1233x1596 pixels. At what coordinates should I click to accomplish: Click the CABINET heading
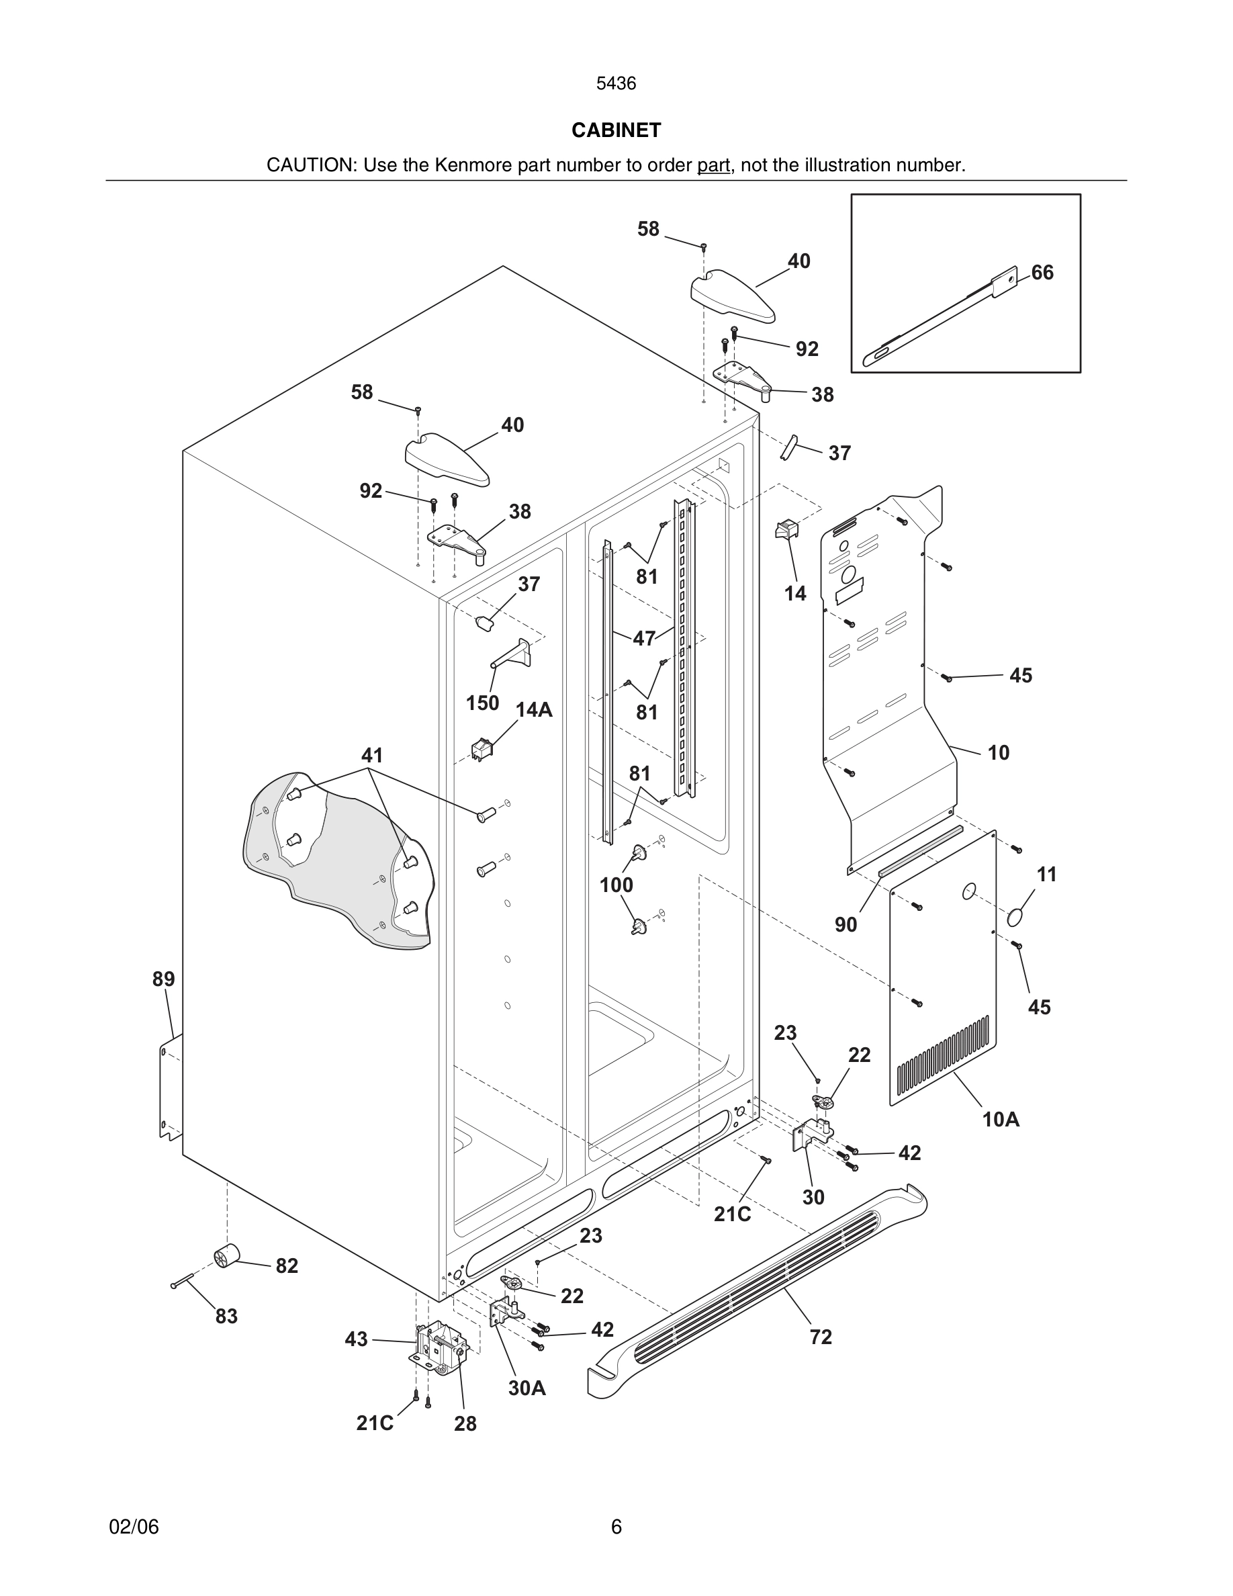pyautogui.click(x=616, y=130)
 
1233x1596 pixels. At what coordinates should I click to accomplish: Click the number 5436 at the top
pyautogui.click(x=616, y=84)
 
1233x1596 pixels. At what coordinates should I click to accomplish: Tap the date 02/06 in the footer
pyautogui.click(x=134, y=1527)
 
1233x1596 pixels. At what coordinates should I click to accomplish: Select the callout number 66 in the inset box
pyautogui.click(x=1042, y=273)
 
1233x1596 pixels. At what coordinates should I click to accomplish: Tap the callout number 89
pyautogui.click(x=164, y=979)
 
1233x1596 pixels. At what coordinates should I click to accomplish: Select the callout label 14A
pyautogui.click(x=534, y=709)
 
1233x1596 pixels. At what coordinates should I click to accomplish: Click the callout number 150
pyautogui.click(x=482, y=703)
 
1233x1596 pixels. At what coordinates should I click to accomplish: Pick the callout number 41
pyautogui.click(x=372, y=755)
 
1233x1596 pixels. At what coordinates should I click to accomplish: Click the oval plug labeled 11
pyautogui.click(x=1016, y=918)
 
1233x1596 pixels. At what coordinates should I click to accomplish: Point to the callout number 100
pyautogui.click(x=616, y=885)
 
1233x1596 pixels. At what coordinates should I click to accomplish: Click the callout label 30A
pyautogui.click(x=527, y=1388)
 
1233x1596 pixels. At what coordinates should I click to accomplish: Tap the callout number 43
pyautogui.click(x=356, y=1339)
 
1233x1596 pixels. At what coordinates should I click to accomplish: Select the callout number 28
pyautogui.click(x=465, y=1423)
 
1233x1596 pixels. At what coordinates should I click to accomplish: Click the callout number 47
pyautogui.click(x=643, y=639)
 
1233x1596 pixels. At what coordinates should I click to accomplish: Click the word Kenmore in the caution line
pyautogui.click(x=474, y=165)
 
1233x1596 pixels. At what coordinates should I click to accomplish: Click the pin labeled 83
pyautogui.click(x=181, y=1280)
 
